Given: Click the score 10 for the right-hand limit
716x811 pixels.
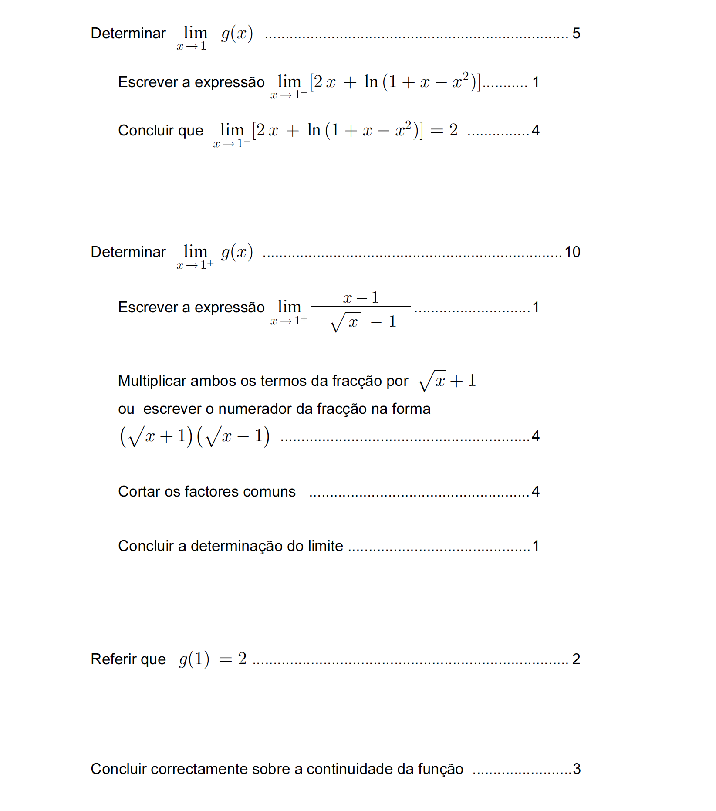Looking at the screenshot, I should point(572,252).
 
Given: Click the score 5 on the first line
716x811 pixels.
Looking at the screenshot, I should point(576,34).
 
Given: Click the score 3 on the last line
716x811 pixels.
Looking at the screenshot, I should point(577,769).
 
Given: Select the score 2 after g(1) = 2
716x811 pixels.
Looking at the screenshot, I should point(576,659).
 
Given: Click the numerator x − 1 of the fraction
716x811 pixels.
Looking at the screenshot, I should point(361,298).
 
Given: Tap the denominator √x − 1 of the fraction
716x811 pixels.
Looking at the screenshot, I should point(363,322).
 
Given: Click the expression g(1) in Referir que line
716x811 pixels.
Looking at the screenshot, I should point(194,659).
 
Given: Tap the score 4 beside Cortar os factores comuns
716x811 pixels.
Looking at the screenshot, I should point(536,491).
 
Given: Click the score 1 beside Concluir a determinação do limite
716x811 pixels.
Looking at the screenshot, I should point(536,546).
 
